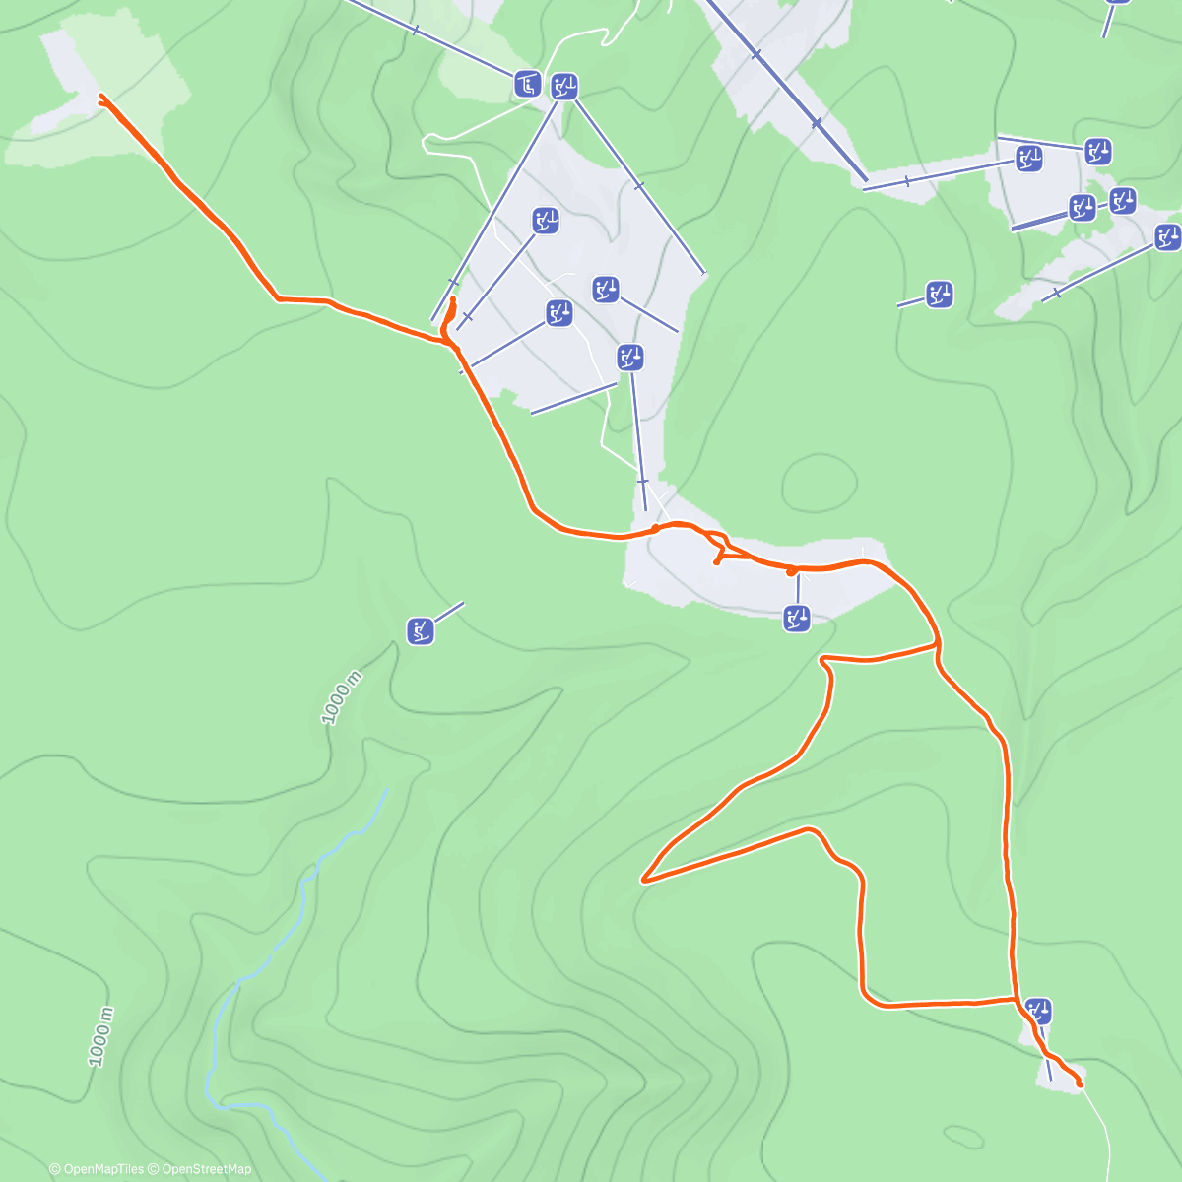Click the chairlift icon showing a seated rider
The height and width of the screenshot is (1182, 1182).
click(528, 84)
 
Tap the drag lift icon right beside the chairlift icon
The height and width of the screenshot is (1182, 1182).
click(563, 87)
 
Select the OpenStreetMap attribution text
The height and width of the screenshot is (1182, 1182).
click(206, 1169)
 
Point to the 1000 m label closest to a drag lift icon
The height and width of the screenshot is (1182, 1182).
click(342, 697)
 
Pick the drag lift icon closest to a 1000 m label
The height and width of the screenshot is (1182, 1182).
click(422, 630)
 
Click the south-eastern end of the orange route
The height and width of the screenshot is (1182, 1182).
click(1080, 1083)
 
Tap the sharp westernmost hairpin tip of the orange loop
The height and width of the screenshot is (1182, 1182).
click(644, 879)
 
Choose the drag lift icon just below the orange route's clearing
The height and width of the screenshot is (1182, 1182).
click(796, 619)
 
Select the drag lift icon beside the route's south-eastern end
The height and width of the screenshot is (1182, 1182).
click(1039, 1011)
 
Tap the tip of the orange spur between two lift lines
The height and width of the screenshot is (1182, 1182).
click(453, 299)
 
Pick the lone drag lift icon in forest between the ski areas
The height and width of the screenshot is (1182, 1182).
click(939, 294)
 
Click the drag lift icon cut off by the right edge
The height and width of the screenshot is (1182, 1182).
click(1168, 236)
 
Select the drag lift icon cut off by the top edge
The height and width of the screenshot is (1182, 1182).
click(1117, 2)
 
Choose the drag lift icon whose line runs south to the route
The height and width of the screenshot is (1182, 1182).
click(630, 357)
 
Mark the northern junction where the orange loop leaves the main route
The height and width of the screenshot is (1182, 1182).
click(937, 646)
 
